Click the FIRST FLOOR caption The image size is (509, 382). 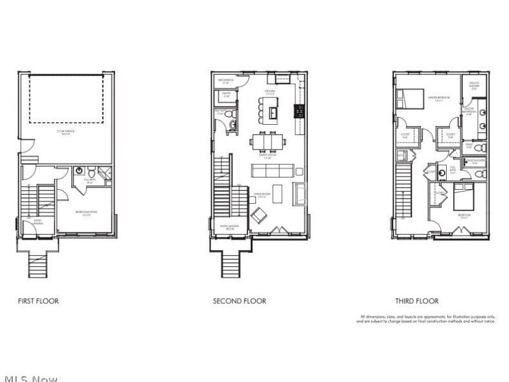[38, 301]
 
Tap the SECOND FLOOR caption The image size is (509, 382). [239, 301]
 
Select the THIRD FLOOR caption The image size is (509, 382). [417, 301]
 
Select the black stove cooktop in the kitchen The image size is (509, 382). [297, 111]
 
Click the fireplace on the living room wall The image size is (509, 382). [300, 192]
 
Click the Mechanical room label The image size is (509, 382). [225, 81]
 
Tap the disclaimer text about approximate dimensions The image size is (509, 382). [427, 319]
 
